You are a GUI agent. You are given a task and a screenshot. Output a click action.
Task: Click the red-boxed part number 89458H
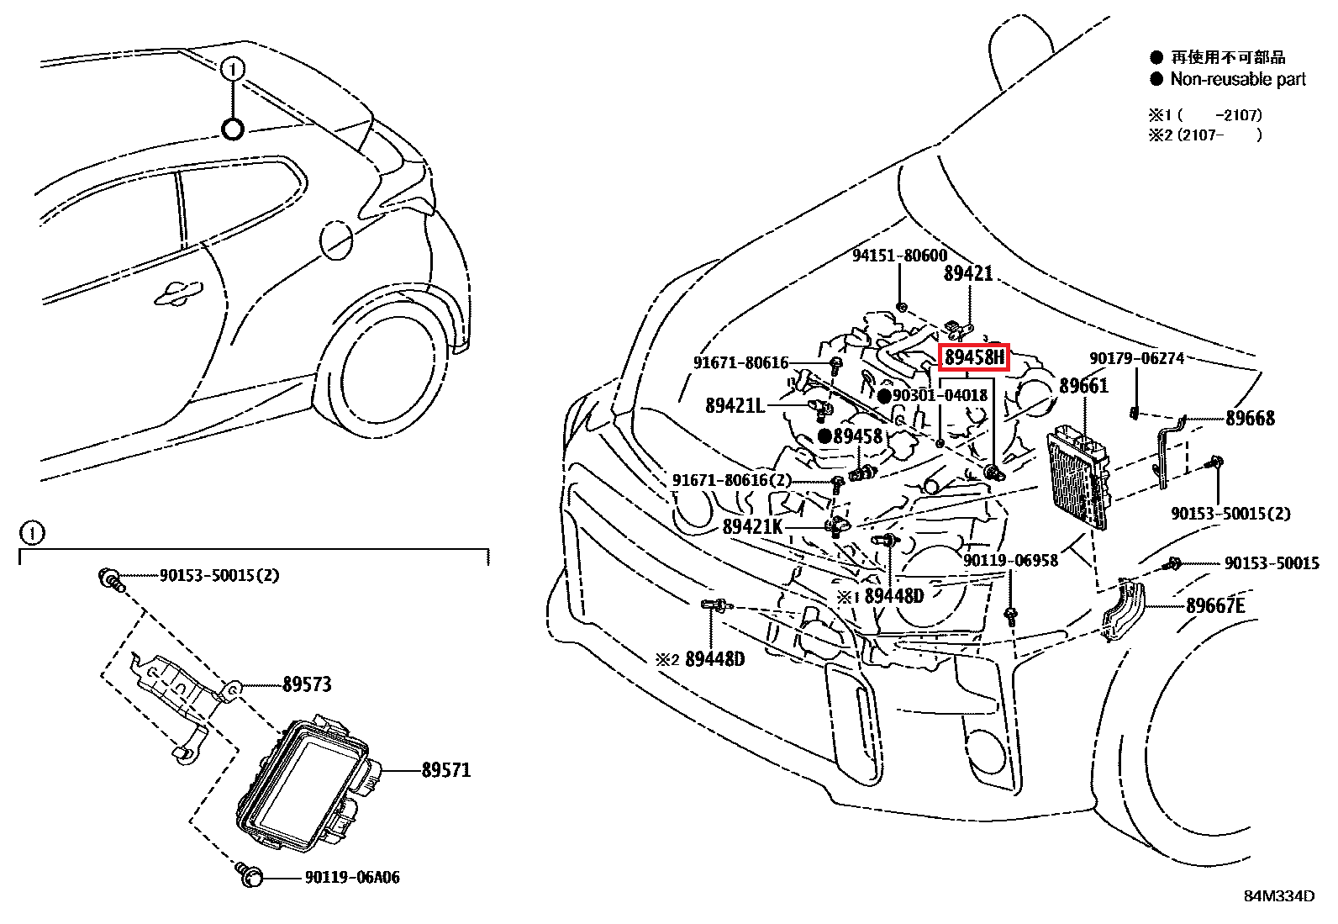click(x=973, y=357)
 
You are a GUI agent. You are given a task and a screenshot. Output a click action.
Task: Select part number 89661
click(x=1083, y=386)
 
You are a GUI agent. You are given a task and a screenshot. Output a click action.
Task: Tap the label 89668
click(x=1249, y=418)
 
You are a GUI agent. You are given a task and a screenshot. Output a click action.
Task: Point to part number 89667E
click(x=1215, y=605)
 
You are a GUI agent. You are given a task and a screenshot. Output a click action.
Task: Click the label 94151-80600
click(x=899, y=256)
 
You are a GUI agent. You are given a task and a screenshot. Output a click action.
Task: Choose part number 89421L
click(x=735, y=406)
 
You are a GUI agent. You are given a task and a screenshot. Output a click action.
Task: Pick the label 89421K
click(x=752, y=527)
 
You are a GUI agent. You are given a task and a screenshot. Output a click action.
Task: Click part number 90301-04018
click(x=940, y=395)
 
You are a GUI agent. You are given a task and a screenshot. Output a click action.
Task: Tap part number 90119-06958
click(x=1010, y=560)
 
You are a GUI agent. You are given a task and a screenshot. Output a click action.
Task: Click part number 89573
click(x=307, y=684)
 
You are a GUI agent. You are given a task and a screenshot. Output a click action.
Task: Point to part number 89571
click(x=445, y=770)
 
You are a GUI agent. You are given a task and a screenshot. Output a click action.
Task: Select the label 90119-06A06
click(x=351, y=878)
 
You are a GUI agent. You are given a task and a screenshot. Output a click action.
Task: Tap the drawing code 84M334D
click(x=1279, y=896)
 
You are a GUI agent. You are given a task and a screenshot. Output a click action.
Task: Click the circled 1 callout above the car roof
click(x=233, y=69)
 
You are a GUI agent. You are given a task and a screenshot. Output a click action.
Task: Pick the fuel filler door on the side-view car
click(x=336, y=240)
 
